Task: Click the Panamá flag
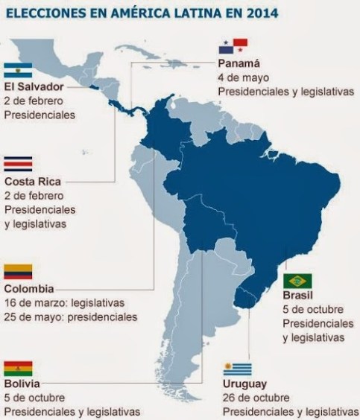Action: pyautogui.click(x=232, y=47)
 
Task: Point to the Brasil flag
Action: pyautogui.click(x=297, y=281)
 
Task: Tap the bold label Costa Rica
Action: pyautogui.click(x=32, y=181)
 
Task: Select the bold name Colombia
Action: pyautogui.click(x=29, y=289)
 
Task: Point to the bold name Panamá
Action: pyautogui.click(x=239, y=62)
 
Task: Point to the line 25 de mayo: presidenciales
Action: pyautogui.click(x=71, y=316)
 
